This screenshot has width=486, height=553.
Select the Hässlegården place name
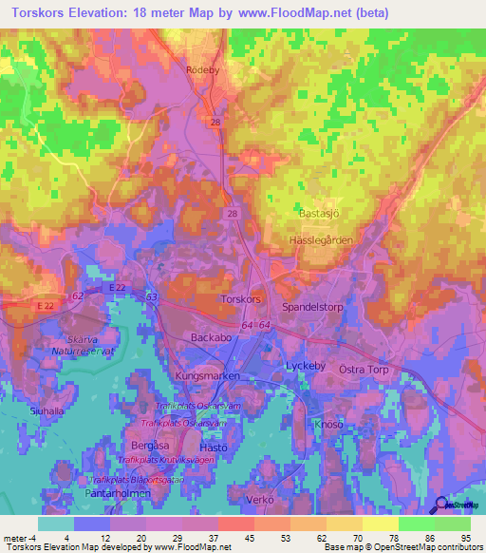pyautogui.click(x=319, y=241)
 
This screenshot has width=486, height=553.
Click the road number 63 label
pyautogui.click(x=151, y=298)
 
